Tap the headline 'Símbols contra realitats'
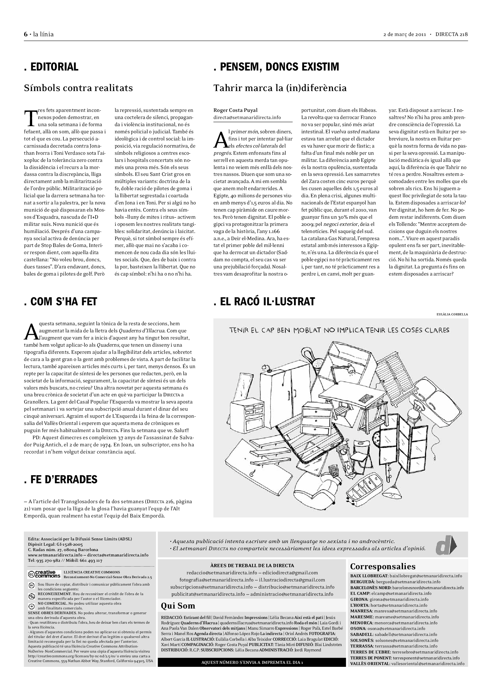(x=78, y=88)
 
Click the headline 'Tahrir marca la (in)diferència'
(x=280, y=88)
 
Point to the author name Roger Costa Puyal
(x=235, y=110)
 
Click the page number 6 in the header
(x=26, y=34)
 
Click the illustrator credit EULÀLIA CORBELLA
(x=452, y=314)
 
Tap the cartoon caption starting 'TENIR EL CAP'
(x=339, y=330)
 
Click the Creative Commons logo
(x=44, y=574)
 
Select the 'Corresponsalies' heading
(x=382, y=567)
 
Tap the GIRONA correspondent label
(x=359, y=599)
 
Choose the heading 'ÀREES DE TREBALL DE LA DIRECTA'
(x=252, y=566)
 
